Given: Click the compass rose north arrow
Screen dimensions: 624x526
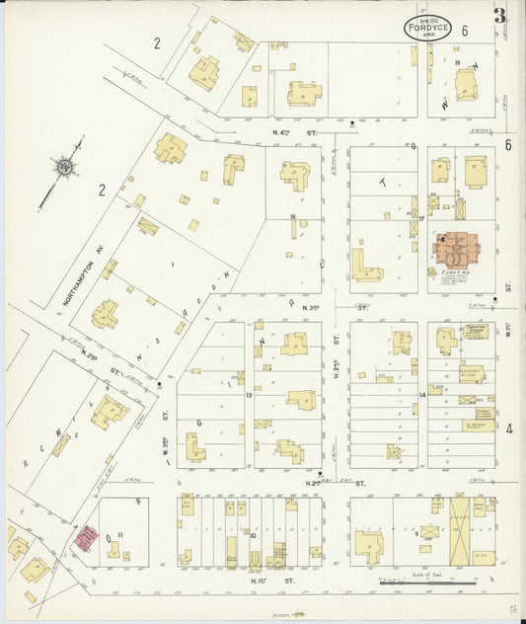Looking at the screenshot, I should click(x=65, y=171).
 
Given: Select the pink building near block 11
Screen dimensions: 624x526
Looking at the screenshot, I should click(x=87, y=537).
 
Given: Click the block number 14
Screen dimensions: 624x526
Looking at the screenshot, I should click(x=421, y=395).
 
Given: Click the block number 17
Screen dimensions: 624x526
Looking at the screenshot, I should click(x=420, y=218).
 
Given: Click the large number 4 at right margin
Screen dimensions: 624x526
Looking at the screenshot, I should click(x=509, y=429).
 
